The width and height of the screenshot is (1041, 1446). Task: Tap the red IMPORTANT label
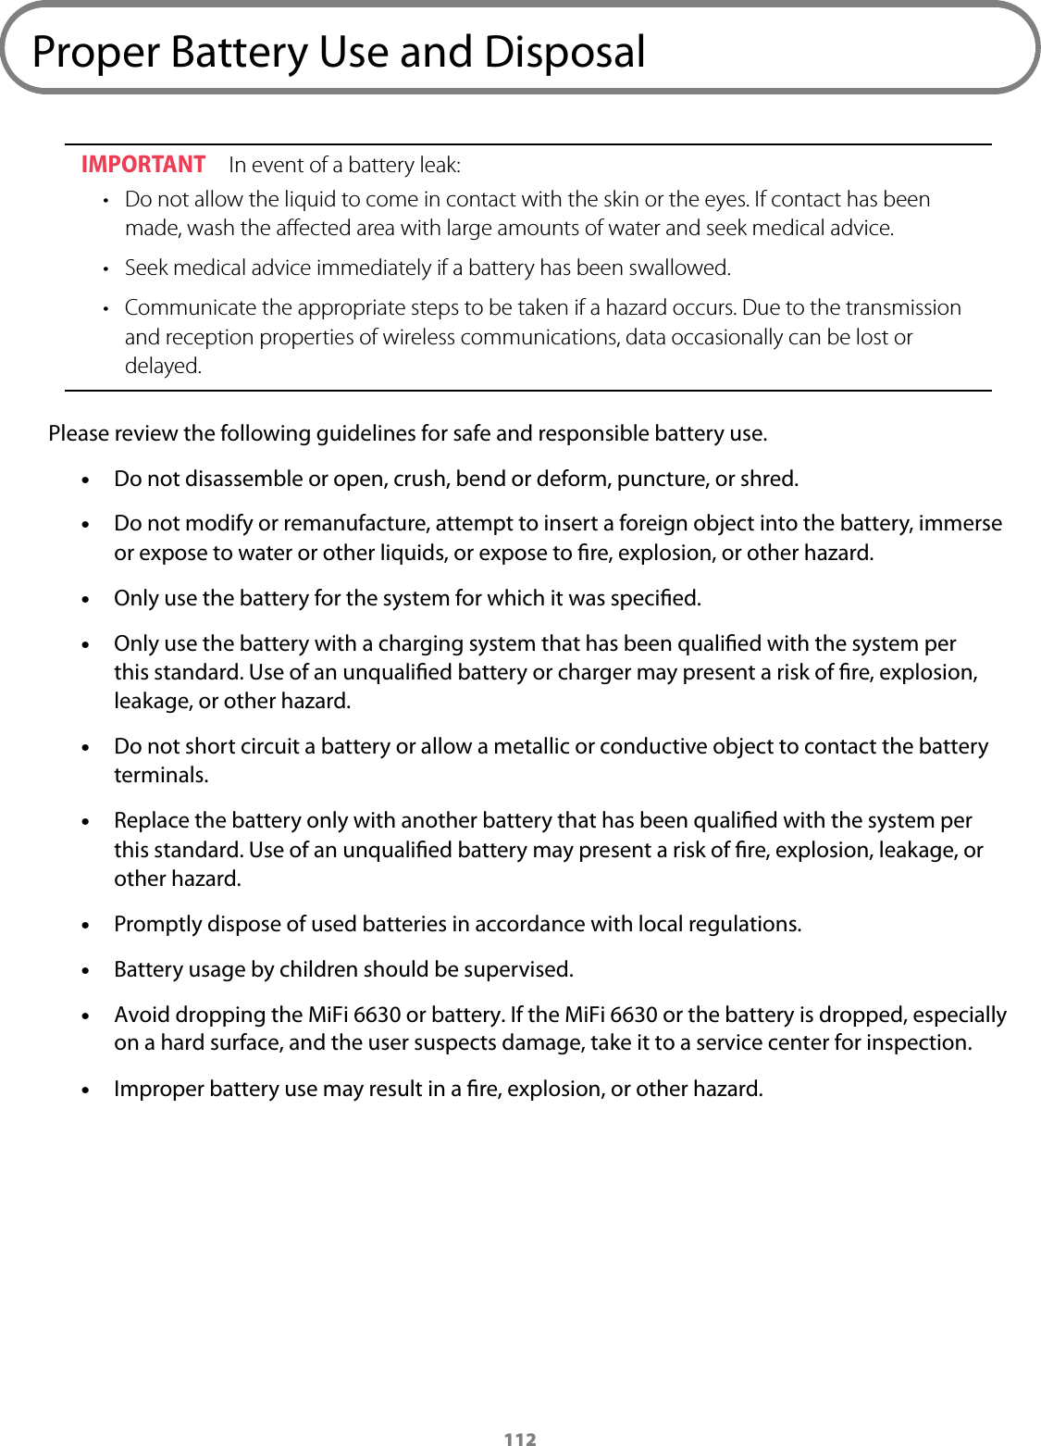coord(143,165)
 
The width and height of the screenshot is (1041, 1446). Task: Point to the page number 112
coord(520,1438)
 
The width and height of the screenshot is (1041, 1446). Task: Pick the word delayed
coord(163,366)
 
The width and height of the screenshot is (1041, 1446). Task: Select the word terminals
coord(161,775)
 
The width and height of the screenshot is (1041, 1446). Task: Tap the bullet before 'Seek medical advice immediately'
coord(105,268)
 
